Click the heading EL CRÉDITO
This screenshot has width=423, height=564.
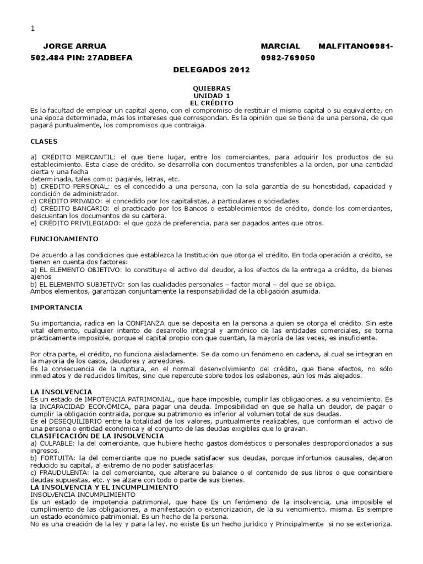[211, 103]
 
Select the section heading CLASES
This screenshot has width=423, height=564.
[44, 141]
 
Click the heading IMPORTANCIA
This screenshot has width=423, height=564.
[57, 307]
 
